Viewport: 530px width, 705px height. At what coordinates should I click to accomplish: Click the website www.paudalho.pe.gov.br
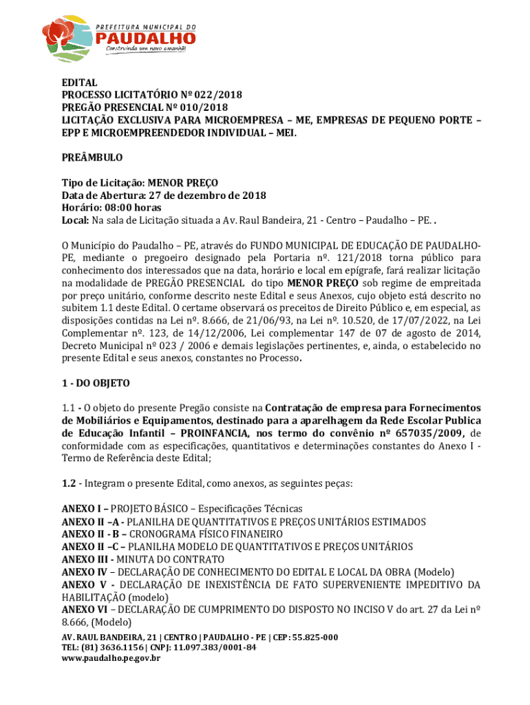pos(111,659)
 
